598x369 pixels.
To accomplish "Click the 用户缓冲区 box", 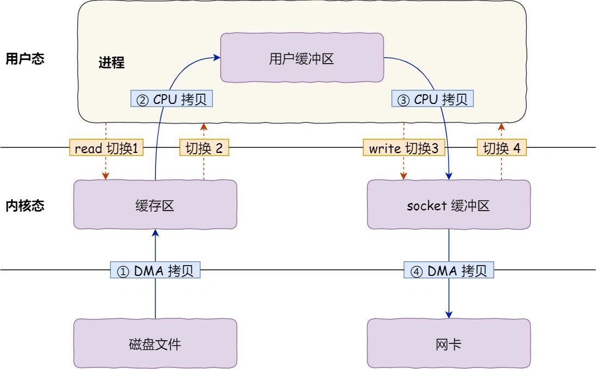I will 301,58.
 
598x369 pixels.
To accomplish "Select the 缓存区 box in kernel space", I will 155,205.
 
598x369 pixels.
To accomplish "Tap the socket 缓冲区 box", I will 448,205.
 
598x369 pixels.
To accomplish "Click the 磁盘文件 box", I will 155,344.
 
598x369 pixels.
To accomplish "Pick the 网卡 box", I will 448,344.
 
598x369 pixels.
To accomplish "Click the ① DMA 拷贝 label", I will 155,270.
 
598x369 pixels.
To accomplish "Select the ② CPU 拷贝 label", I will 171,99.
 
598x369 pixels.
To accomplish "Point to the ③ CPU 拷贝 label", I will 432,99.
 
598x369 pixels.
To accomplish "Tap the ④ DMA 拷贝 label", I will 449,270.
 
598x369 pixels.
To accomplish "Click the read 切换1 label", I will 106,148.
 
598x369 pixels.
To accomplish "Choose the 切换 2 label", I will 204,148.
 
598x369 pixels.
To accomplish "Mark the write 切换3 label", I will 403,148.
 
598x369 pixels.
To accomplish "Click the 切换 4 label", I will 502,148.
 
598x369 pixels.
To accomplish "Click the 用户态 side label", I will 24,59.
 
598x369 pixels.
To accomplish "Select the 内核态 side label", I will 24,206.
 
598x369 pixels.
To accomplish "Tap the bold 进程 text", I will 111,63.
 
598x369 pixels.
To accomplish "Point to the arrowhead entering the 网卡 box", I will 449,315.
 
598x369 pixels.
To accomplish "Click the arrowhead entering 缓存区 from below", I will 155,232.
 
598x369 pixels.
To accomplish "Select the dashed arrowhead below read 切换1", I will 106,176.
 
